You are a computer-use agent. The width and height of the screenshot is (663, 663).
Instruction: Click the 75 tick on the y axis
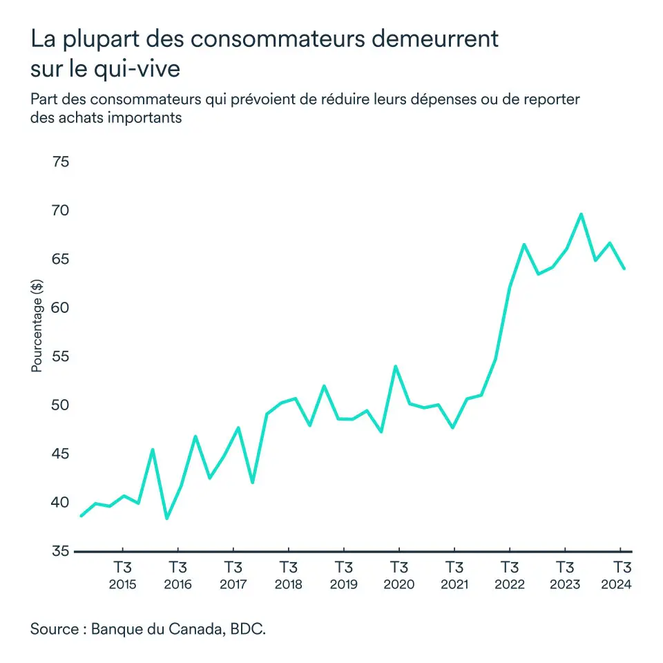[x=60, y=162]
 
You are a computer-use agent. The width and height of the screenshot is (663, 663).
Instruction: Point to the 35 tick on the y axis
[x=60, y=551]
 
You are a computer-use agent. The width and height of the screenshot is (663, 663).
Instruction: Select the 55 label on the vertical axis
[x=60, y=357]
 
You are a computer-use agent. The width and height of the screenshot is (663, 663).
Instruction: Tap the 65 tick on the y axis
[x=60, y=260]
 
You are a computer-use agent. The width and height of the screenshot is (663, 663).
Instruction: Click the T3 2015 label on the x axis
[x=122, y=576]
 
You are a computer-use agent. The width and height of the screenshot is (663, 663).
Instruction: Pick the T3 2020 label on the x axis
[x=398, y=576]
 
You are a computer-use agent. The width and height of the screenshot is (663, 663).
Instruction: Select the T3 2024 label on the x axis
[x=619, y=576]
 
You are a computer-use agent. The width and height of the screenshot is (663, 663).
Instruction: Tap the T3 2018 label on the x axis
[x=288, y=576]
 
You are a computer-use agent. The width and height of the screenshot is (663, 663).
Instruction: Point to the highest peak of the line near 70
[x=581, y=214]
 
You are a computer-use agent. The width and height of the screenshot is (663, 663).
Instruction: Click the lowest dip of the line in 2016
[x=166, y=518]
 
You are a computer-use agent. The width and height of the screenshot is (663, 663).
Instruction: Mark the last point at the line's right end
[x=624, y=269]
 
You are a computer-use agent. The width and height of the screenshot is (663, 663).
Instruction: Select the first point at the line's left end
[x=81, y=516]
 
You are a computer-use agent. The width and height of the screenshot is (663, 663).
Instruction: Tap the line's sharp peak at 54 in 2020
[x=396, y=366]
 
